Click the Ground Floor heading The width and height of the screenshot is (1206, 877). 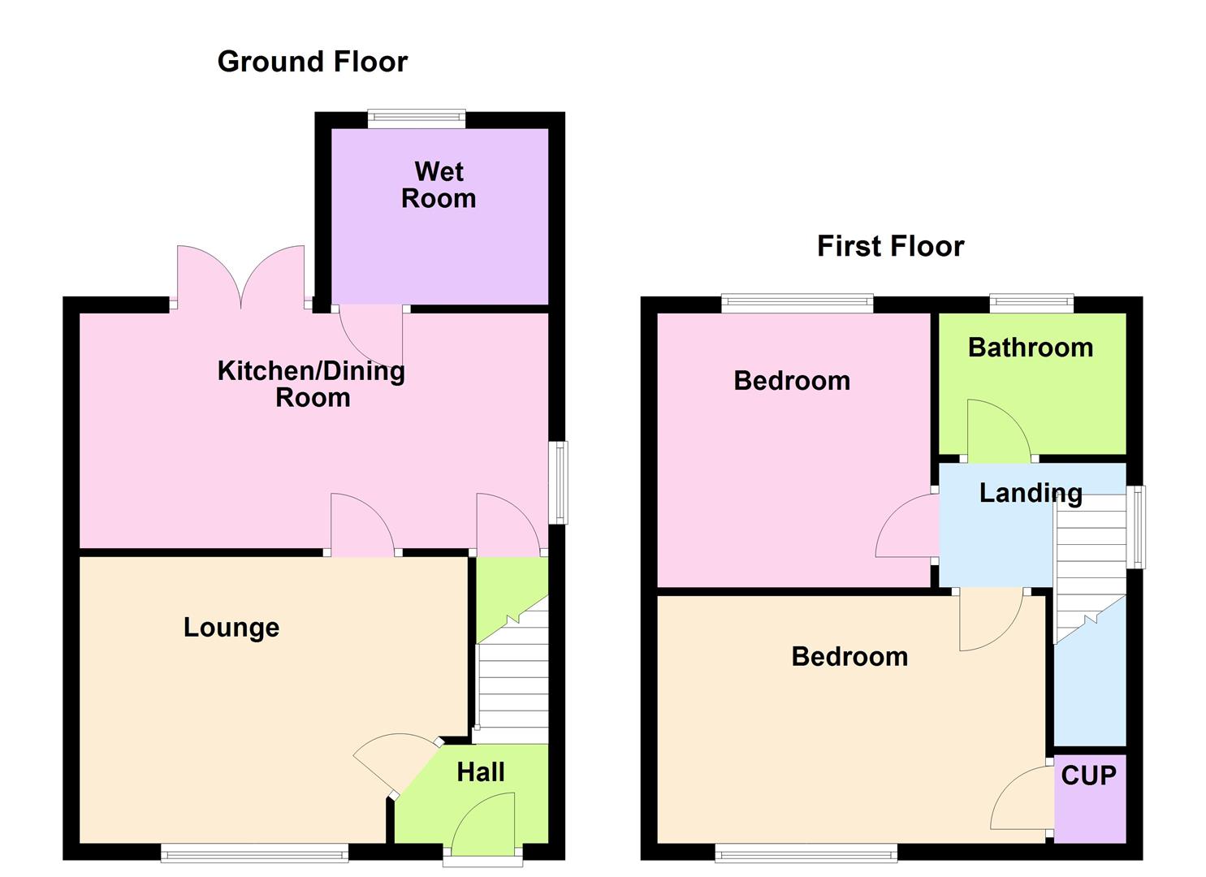click(312, 62)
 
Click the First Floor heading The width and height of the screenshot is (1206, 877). click(890, 246)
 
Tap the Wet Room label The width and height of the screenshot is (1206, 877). click(439, 185)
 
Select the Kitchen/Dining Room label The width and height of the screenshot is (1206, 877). click(311, 384)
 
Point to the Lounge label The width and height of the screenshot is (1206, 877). click(231, 628)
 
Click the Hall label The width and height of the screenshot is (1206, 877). click(481, 772)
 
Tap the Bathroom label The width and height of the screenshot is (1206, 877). click(1031, 348)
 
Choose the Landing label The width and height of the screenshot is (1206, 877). click(1031, 493)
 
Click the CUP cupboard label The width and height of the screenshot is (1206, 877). click(1088, 776)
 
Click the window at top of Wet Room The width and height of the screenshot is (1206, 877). click(417, 119)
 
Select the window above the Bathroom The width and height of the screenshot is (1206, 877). click(1031, 305)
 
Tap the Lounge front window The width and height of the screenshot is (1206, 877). click(254, 853)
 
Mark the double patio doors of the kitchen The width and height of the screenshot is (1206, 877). click(240, 278)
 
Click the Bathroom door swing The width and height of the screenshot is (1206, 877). click(997, 429)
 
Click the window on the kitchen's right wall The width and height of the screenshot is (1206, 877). click(558, 482)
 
